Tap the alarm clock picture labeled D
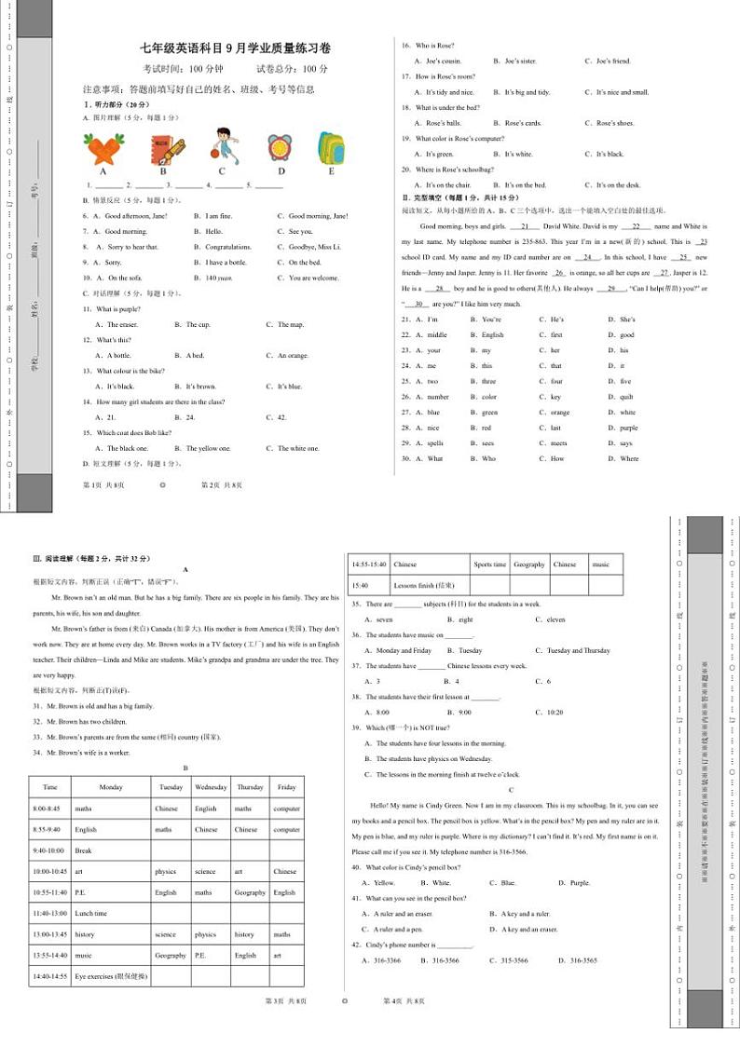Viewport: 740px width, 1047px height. coord(279,146)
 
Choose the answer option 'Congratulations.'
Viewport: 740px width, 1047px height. coord(227,247)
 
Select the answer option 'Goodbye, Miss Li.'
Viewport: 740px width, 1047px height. coord(314,247)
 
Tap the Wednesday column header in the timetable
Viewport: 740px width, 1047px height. coord(212,787)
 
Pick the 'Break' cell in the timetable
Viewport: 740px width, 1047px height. coord(84,850)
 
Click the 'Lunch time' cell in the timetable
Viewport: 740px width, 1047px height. coord(91,914)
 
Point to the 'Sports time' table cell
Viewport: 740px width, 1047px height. coord(489,564)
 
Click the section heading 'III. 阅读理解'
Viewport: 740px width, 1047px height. coord(90,558)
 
